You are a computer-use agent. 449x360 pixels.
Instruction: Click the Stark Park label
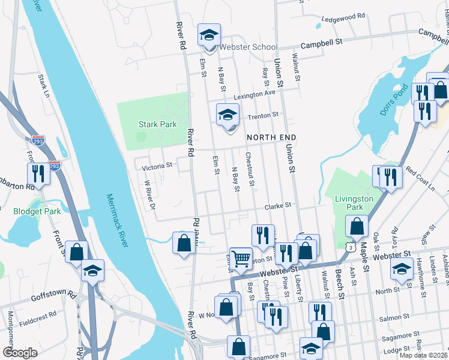click(x=157, y=125)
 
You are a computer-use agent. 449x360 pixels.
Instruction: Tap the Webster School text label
click(x=249, y=47)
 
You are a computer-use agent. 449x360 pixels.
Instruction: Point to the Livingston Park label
click(x=354, y=203)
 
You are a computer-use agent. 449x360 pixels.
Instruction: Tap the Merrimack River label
click(x=118, y=220)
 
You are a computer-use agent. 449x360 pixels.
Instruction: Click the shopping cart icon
click(x=241, y=258)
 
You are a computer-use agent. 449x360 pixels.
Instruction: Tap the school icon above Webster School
click(x=209, y=35)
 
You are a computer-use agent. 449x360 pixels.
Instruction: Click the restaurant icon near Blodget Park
click(x=38, y=174)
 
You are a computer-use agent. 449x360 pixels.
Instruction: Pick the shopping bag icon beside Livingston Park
click(x=357, y=226)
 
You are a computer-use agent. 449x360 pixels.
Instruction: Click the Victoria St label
click(x=157, y=164)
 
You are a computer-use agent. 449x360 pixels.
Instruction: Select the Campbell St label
click(x=321, y=43)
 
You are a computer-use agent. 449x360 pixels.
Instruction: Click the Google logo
click(x=20, y=353)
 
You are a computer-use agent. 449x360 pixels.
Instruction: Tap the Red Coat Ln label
click(x=421, y=179)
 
